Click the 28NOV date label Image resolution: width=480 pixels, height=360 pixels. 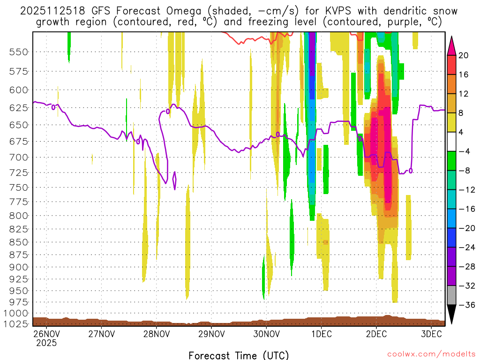(x=156, y=334)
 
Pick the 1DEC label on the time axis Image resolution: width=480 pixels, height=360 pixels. (x=321, y=334)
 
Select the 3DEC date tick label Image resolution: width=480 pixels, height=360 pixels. (x=431, y=334)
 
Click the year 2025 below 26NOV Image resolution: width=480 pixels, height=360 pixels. (x=46, y=343)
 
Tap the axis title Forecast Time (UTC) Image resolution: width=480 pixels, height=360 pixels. (x=239, y=355)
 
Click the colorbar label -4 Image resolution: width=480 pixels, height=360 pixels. (x=463, y=152)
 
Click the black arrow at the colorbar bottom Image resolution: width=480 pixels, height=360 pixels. (x=451, y=315)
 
